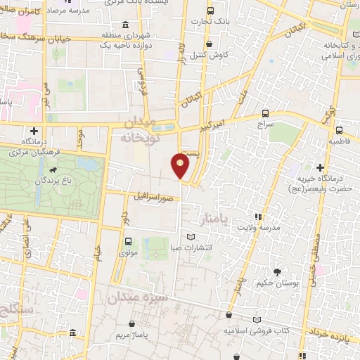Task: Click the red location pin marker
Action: [181, 165]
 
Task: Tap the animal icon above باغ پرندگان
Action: [53, 169]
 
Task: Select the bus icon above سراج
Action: [265, 112]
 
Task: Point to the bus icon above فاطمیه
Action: [340, 130]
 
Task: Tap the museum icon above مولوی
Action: [127, 242]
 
